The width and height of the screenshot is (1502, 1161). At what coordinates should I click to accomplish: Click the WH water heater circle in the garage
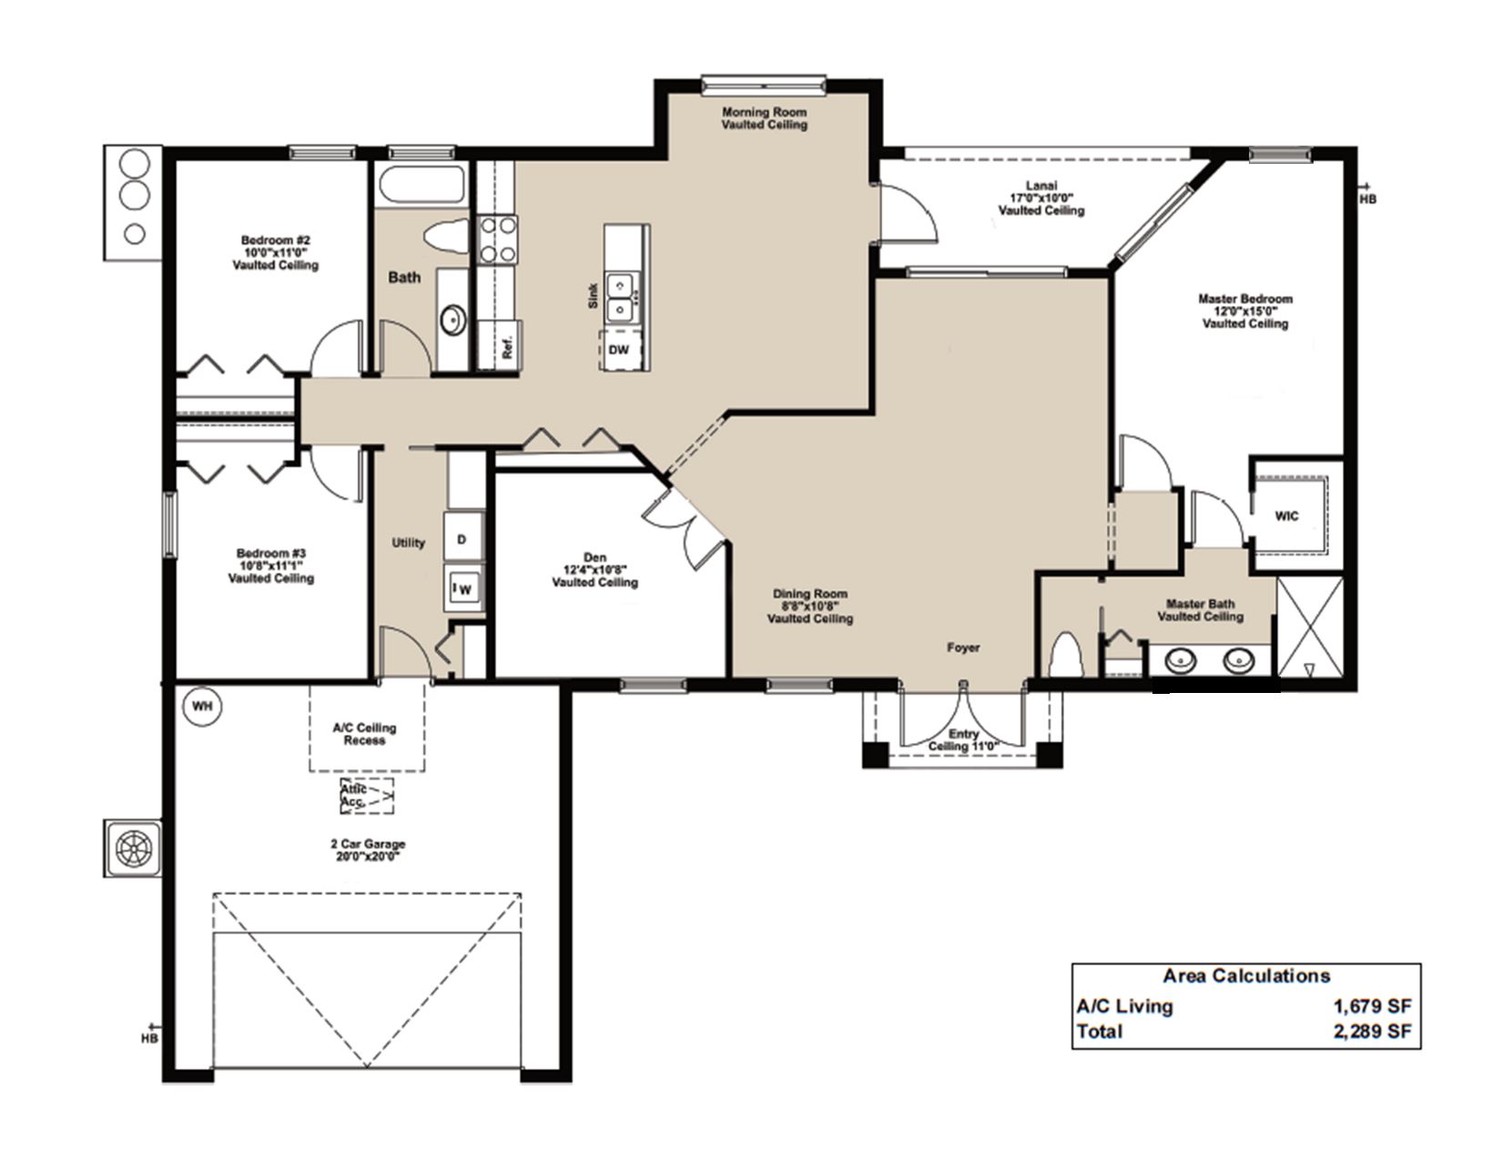point(202,706)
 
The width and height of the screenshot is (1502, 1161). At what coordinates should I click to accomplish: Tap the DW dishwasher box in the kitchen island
point(620,349)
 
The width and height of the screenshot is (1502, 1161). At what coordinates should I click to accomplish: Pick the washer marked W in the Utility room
point(463,587)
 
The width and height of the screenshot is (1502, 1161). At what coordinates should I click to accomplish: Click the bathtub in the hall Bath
point(421,186)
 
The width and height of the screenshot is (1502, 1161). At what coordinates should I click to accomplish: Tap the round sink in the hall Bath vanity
point(453,321)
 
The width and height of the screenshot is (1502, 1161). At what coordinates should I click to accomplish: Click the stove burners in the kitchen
point(498,240)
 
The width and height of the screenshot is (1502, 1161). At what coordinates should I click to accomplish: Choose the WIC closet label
point(1286,515)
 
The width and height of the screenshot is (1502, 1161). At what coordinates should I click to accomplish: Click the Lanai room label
point(1041,198)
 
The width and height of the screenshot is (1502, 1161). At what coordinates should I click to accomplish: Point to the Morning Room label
point(764,118)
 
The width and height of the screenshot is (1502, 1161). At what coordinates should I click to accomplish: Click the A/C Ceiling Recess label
point(364,734)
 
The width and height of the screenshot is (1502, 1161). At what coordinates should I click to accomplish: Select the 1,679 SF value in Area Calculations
point(1372,1006)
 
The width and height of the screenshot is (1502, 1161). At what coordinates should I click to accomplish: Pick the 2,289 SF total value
point(1372,1032)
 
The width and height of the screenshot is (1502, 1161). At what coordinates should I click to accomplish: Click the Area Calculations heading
point(1246,975)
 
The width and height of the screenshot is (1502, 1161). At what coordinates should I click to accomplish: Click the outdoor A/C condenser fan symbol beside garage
point(134,849)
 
